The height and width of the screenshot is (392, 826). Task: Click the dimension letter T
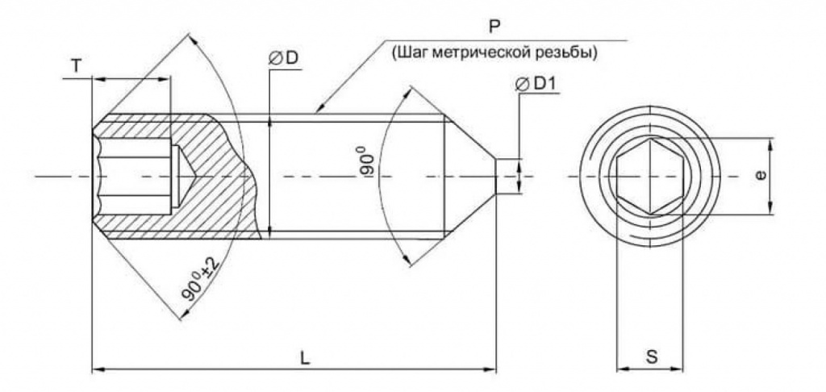tap(76, 67)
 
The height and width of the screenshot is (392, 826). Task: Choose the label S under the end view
tap(651, 356)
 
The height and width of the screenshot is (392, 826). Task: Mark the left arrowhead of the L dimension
tap(98, 369)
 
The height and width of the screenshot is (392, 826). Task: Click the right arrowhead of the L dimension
tap(490, 369)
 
